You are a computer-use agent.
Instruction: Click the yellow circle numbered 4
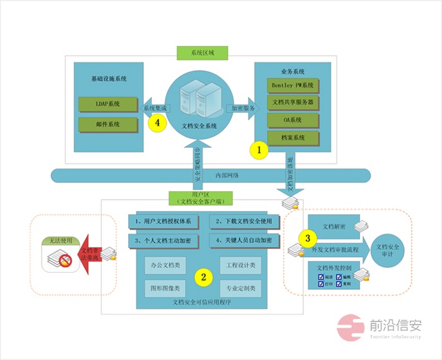(x=157, y=123)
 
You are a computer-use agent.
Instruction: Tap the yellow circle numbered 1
(x=259, y=150)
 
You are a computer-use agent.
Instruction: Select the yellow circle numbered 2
(x=203, y=276)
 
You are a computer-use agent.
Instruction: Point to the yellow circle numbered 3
(x=308, y=238)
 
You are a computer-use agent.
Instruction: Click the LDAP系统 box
(x=107, y=104)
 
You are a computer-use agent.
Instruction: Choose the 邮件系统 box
(x=107, y=124)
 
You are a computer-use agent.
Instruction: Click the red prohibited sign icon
(x=62, y=260)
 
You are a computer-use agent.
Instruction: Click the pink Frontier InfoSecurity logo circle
(x=349, y=328)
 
